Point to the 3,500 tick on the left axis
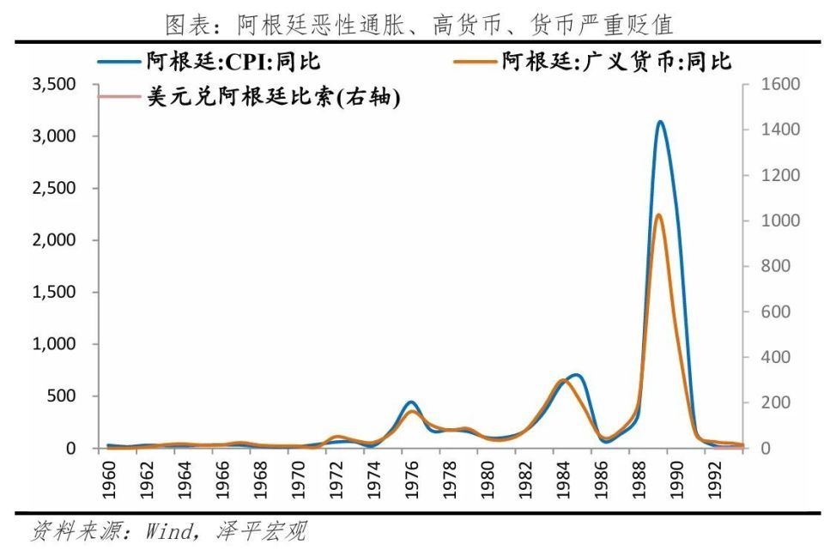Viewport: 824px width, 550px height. tap(54, 84)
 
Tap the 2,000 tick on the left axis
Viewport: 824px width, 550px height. tap(54, 240)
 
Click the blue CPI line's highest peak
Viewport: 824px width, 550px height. tap(659, 122)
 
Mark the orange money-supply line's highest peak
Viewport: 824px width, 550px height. tap(658, 215)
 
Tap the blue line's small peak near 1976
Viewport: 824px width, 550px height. tap(411, 402)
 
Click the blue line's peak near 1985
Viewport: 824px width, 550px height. tap(576, 375)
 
